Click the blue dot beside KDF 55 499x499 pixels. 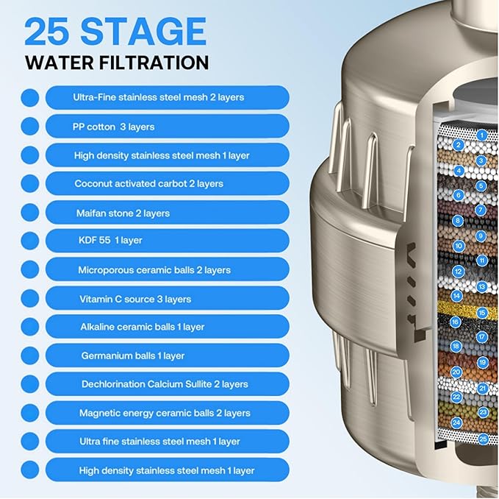click(x=29, y=241)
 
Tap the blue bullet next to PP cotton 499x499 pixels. click(x=29, y=127)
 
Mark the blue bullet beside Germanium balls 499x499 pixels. click(x=29, y=355)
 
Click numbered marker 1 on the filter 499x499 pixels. click(x=482, y=135)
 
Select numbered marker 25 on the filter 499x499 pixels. click(x=483, y=439)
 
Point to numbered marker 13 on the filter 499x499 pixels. click(x=482, y=286)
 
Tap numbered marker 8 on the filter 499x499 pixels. click(x=459, y=221)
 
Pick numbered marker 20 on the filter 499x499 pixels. click(x=456, y=372)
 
